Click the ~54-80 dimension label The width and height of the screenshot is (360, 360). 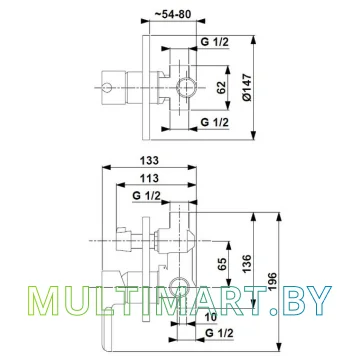click(x=172, y=14)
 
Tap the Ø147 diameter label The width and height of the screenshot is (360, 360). click(x=248, y=87)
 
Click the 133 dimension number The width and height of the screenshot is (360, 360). click(x=149, y=161)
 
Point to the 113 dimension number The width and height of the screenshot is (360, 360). click(x=149, y=178)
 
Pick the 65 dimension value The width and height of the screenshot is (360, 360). click(x=223, y=264)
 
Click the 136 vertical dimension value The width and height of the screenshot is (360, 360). click(x=247, y=264)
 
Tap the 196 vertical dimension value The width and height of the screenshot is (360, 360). click(x=272, y=282)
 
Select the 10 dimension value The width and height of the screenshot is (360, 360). click(x=211, y=317)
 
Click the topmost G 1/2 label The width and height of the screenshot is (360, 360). click(x=214, y=42)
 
